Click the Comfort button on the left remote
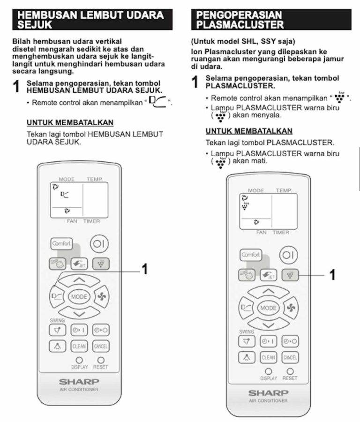click(61, 244)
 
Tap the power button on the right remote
click(288, 255)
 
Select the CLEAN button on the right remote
click(269, 357)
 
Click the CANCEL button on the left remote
click(101, 347)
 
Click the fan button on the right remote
click(291, 308)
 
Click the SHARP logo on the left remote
click(79, 381)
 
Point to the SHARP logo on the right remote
click(269, 392)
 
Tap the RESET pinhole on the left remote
click(100, 360)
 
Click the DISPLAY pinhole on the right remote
click(269, 371)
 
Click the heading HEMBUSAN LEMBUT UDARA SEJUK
click(92, 20)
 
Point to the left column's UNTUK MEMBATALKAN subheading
click(70, 122)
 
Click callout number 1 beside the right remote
click(332, 275)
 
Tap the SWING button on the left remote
click(58, 330)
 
